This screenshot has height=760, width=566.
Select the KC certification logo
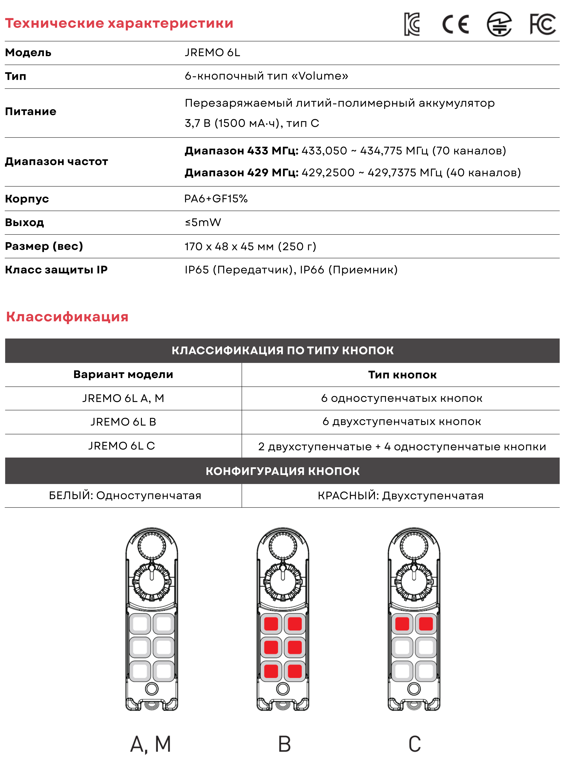412,24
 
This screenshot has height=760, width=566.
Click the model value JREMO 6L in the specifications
212,53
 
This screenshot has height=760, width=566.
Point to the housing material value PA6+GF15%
216,199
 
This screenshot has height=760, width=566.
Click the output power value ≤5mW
203,223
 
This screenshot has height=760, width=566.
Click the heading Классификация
67,317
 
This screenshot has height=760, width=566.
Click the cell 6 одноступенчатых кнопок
401,398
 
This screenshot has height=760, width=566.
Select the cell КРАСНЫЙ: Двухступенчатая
401,496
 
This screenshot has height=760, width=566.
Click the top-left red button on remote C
402,624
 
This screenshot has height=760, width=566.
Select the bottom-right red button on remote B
295,671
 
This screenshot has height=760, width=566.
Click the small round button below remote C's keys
414,689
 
